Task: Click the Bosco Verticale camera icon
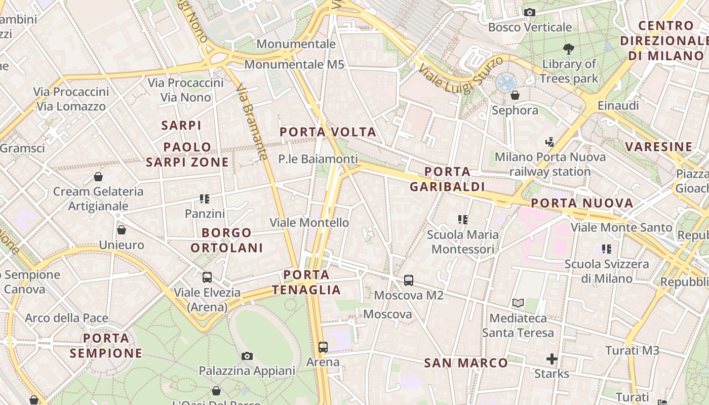pos(530,12)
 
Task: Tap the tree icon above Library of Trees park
pos(569,49)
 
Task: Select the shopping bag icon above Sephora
pos(515,95)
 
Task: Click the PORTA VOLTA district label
pos(328,132)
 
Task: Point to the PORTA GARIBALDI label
pos(447,179)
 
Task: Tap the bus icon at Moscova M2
pos(409,280)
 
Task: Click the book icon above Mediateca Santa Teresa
pos(518,303)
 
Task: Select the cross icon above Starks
pos(552,359)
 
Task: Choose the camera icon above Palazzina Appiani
pos(247,356)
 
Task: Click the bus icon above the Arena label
pos(323,347)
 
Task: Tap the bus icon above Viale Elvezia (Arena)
pos(207,277)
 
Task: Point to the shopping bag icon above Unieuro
pos(122,230)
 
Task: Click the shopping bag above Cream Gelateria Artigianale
pos(98,177)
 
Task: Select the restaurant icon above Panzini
pos(205,198)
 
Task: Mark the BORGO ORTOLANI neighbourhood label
pos(233,240)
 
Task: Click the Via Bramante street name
pos(251,121)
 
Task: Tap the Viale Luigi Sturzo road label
pos(461,74)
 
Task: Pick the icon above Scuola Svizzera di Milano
pos(607,249)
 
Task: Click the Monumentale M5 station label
pos(294,65)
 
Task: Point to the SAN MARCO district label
pos(466,363)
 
